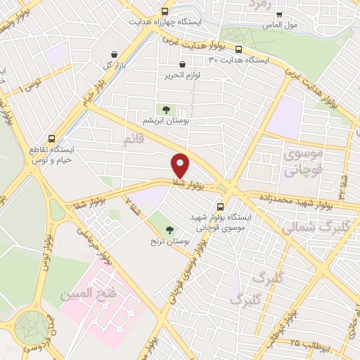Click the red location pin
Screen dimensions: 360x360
coord(181,165)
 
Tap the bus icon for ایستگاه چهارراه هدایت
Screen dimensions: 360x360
coord(165,11)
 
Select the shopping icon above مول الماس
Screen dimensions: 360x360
coord(279,14)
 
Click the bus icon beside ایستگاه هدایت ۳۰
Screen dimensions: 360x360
coord(238,49)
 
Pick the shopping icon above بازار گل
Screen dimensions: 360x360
coord(114,54)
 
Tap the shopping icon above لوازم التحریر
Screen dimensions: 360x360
coord(183,64)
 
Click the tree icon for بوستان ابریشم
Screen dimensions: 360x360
coord(167,109)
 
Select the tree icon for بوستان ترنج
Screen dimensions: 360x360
coord(169,229)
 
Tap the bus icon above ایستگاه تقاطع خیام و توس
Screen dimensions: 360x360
coord(51,139)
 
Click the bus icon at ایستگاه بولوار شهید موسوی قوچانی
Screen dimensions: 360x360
coord(221,207)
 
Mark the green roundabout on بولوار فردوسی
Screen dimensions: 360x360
coord(31,328)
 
